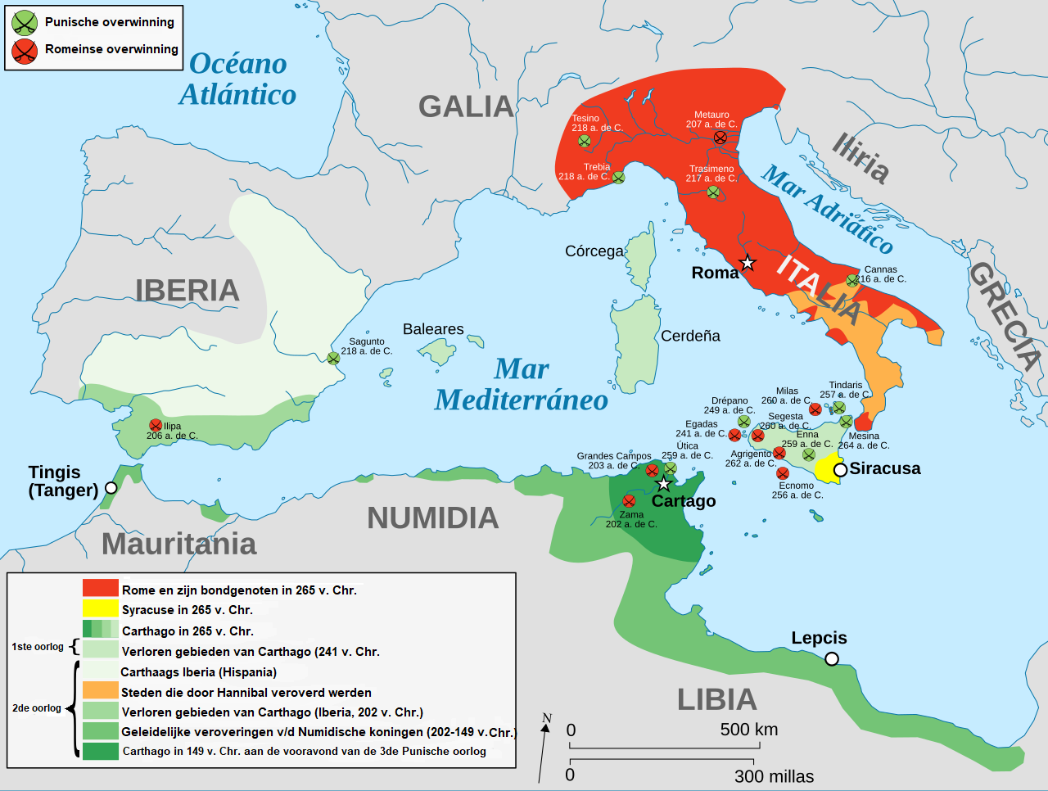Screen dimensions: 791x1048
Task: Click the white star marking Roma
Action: [x=748, y=263]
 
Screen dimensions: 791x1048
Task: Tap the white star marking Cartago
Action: [x=664, y=484]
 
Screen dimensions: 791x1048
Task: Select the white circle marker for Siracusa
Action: [x=840, y=470]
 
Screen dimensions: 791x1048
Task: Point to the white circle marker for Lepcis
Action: [x=832, y=659]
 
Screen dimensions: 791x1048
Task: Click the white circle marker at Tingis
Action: [x=111, y=488]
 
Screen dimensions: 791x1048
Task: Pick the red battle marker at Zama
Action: [x=629, y=501]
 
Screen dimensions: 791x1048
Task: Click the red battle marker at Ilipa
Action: [x=156, y=425]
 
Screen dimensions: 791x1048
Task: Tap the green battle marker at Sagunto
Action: [x=333, y=359]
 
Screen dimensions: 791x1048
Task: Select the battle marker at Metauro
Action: [x=720, y=138]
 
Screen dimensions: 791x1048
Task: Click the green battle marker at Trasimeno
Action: [x=713, y=192]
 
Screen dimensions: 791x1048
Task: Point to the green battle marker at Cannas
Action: [x=852, y=281]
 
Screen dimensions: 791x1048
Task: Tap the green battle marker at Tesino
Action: [x=585, y=141]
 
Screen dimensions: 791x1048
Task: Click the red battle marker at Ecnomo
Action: [x=783, y=473]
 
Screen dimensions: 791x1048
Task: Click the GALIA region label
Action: [x=466, y=106]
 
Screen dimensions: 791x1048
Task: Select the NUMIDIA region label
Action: [x=432, y=518]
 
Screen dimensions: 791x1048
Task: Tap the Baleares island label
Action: [x=433, y=329]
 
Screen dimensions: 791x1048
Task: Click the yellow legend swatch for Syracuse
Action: [x=100, y=608]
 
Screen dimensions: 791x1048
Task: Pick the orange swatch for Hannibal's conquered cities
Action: [x=100, y=691]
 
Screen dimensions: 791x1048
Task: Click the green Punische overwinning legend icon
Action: [x=25, y=22]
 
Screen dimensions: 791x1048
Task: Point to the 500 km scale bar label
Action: [x=749, y=729]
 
